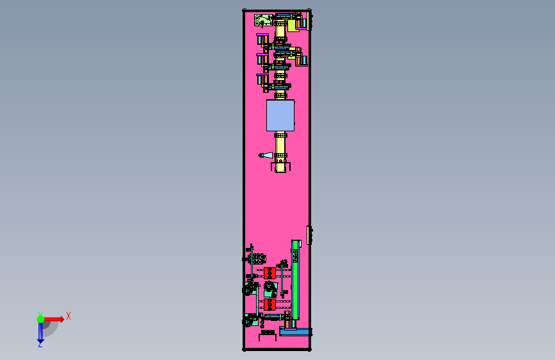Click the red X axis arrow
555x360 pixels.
click(x=53, y=319)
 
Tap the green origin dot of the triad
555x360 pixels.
click(x=40, y=319)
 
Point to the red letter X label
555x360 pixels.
click(x=68, y=316)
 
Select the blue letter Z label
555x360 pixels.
click(x=40, y=344)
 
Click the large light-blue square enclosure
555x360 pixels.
click(x=280, y=115)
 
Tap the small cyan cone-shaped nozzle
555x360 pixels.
click(x=266, y=155)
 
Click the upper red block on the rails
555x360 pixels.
click(x=269, y=273)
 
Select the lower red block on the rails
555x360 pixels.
click(x=269, y=305)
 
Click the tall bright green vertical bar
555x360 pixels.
click(x=295, y=280)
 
